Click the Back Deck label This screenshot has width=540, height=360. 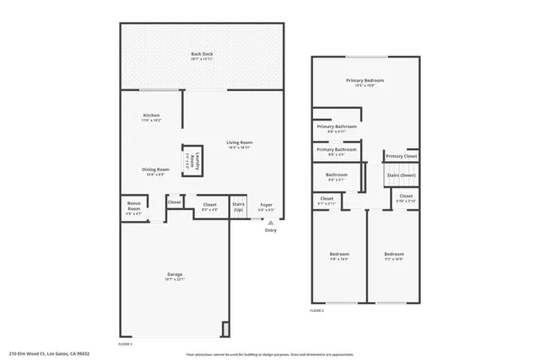click(201, 54)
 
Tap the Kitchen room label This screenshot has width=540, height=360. click(151, 115)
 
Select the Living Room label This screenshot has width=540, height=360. click(240, 142)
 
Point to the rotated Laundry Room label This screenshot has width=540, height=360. click(192, 161)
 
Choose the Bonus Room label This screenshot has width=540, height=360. click(134, 203)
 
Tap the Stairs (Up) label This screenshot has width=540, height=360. click(239, 207)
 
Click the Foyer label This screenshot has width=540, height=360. click(266, 204)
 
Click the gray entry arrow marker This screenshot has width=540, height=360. click(271, 223)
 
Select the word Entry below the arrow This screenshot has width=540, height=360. click(271, 230)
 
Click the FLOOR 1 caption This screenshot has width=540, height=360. click(125, 344)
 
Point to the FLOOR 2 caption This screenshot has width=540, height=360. click(316, 311)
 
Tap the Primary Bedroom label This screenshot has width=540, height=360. click(365, 80)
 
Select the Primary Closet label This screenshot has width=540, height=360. click(401, 156)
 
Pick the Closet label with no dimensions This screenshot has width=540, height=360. click(175, 202)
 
